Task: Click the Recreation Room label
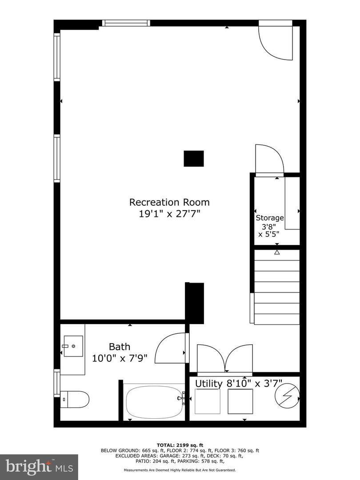coord(169,202)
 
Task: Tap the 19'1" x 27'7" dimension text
coord(169,214)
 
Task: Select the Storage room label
coord(269,218)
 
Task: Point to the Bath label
coord(120,347)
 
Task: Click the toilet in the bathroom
coord(74,399)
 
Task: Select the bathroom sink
coord(72,347)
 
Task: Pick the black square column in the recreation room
coord(194,159)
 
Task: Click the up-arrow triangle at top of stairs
coord(277,252)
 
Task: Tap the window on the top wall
coord(126,23)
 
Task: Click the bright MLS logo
coord(39,466)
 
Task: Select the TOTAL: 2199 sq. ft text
coord(180,445)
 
